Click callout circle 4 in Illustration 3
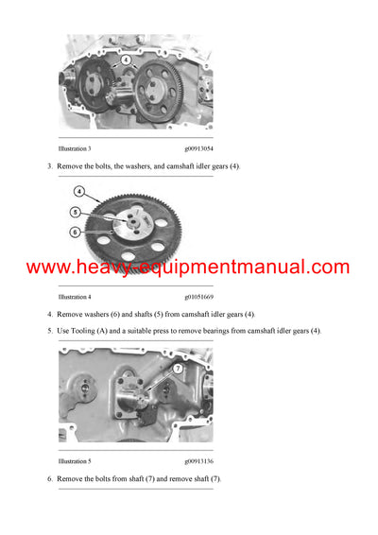(x=126, y=60)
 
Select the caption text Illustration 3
(x=75, y=149)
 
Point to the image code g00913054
(x=198, y=149)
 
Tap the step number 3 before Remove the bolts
(x=50, y=166)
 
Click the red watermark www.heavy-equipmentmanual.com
(x=188, y=267)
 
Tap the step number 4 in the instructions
(x=50, y=314)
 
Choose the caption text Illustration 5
(x=75, y=462)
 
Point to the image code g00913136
(x=198, y=462)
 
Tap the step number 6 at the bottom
(x=50, y=479)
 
